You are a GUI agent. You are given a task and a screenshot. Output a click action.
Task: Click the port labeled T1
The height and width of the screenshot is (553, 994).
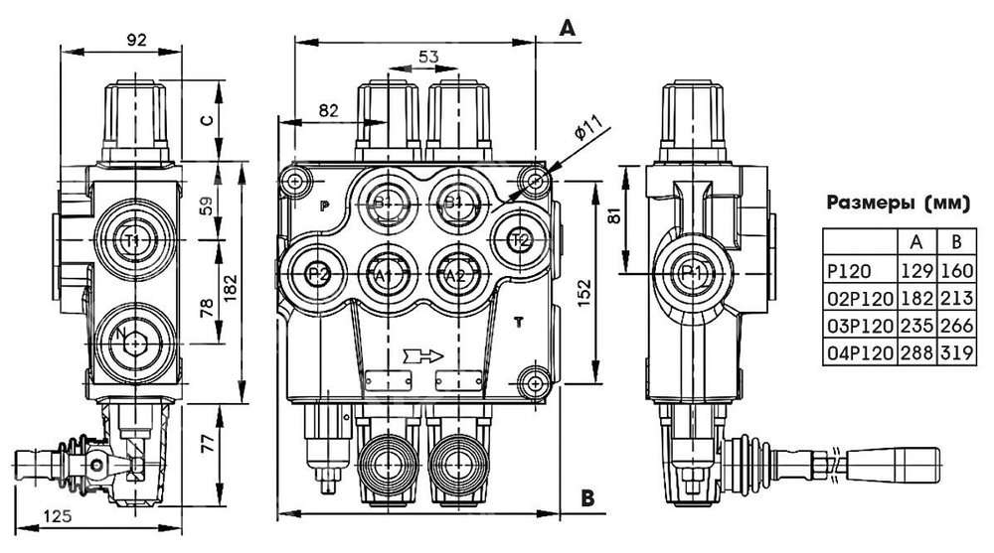click(x=133, y=240)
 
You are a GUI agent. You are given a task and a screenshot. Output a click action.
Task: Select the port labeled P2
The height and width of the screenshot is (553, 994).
click(x=317, y=273)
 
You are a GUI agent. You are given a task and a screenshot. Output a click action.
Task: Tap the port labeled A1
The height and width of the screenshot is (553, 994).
click(x=384, y=273)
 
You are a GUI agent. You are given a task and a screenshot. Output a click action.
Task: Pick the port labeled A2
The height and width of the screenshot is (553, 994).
click(x=455, y=273)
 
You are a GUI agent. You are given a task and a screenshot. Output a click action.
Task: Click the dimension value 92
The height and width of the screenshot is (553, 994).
click(x=137, y=40)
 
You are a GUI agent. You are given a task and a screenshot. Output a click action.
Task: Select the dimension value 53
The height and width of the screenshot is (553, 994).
click(x=425, y=58)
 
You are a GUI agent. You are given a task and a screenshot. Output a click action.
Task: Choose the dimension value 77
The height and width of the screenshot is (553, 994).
click(x=206, y=444)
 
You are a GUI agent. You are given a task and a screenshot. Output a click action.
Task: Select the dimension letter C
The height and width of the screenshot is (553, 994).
click(x=206, y=120)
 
